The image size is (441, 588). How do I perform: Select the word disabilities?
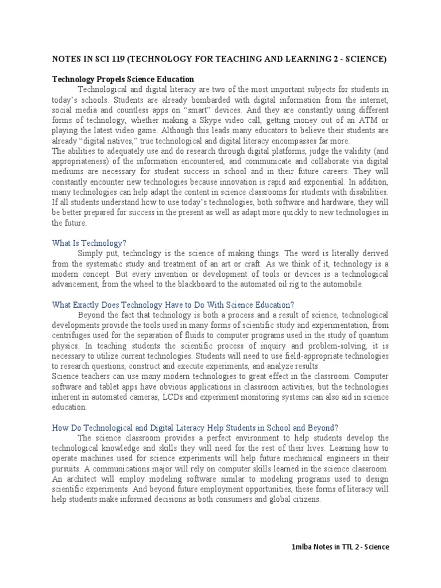tap(368, 192)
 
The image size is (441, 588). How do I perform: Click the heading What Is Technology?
tap(89, 243)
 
